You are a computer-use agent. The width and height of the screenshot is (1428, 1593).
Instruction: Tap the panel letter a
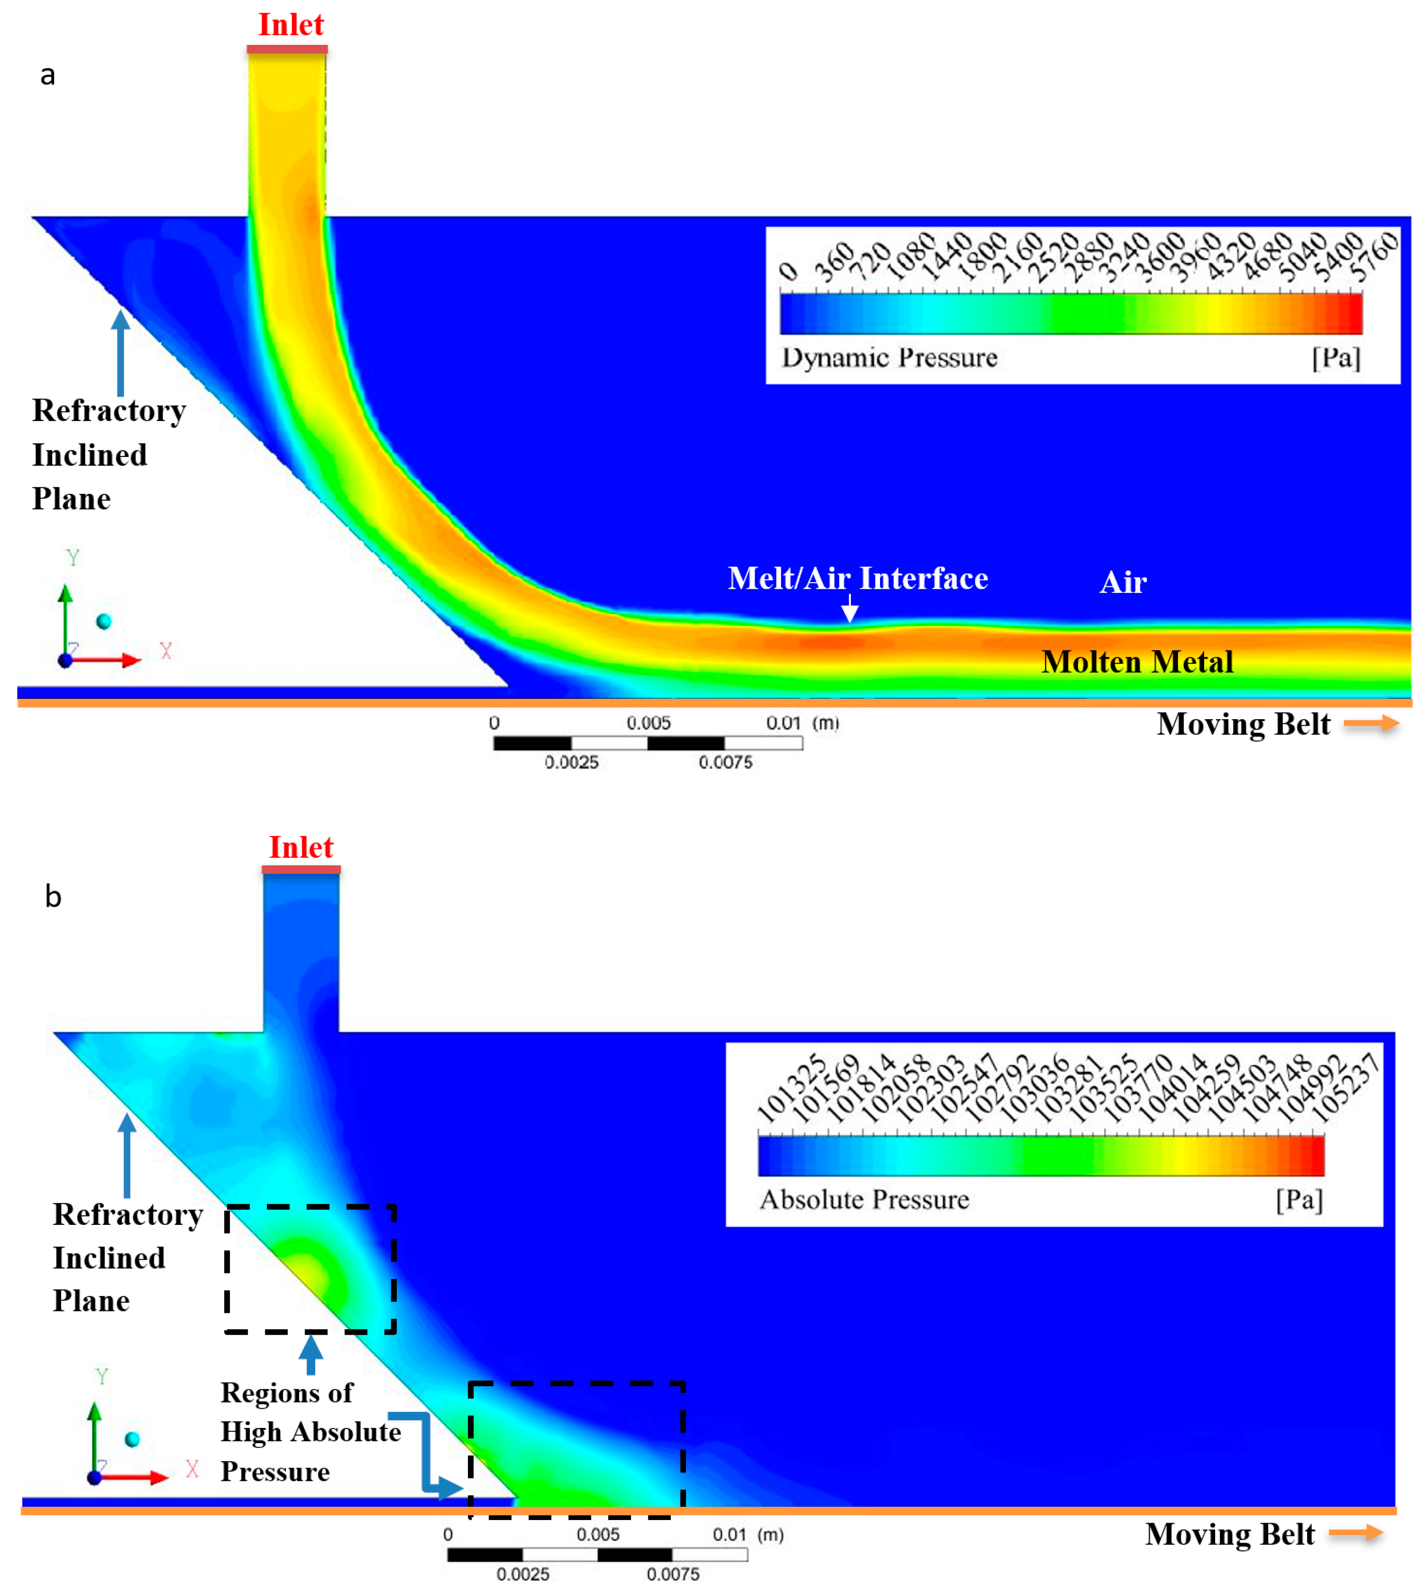coord(48,75)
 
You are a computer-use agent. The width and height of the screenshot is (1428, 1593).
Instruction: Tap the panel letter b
coord(53,897)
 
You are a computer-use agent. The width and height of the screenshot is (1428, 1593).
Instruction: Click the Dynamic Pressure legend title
coord(889,358)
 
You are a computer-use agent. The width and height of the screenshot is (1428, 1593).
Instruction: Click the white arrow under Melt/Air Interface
coord(850,609)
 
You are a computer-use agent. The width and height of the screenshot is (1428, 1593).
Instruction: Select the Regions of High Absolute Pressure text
coord(310,1432)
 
